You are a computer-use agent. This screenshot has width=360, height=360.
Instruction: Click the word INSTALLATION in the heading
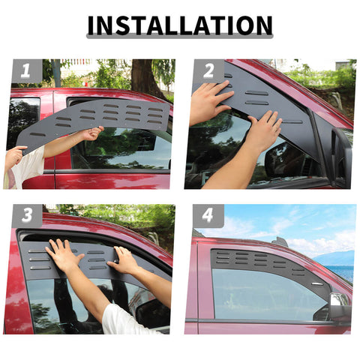click(179, 25)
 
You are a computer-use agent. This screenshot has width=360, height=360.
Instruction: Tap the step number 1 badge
click(26, 71)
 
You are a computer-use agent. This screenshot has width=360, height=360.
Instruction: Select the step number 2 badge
click(208, 71)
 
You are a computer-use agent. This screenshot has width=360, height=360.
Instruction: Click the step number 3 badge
click(27, 216)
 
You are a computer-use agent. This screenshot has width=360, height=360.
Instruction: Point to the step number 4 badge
click(208, 216)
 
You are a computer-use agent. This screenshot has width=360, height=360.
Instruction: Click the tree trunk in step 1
click(145, 76)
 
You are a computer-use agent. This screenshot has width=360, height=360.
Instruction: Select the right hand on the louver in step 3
click(124, 261)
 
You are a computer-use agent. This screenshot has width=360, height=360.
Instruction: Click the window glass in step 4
click(262, 296)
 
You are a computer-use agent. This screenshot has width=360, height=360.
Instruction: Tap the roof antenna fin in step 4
click(280, 241)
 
